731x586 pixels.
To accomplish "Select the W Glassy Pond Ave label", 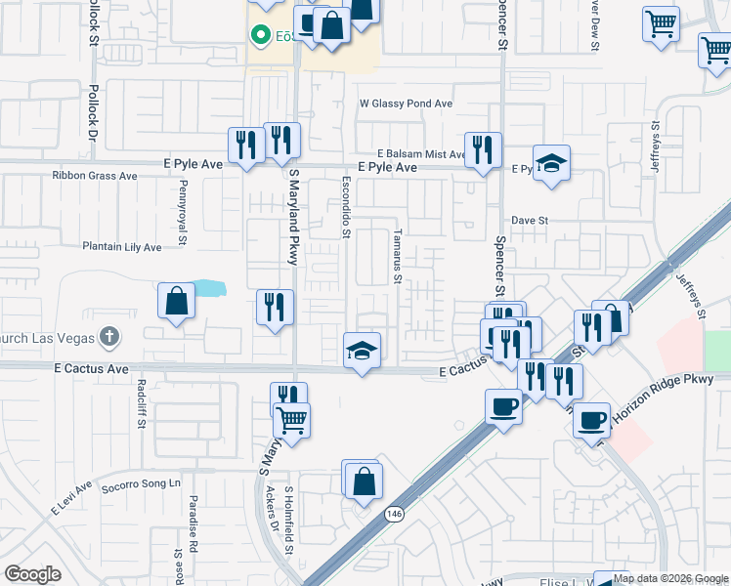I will (406, 103).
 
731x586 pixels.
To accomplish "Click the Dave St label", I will (526, 221).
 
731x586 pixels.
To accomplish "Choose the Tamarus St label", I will (398, 257).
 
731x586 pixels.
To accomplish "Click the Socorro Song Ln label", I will (142, 483).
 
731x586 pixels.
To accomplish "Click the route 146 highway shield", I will (394, 514).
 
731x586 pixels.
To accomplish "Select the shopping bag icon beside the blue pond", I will (176, 301).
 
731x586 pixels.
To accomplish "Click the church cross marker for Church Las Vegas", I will (108, 338).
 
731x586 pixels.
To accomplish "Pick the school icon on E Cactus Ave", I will (361, 351).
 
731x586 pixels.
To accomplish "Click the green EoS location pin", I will (260, 36).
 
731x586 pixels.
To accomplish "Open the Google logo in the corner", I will (32, 574).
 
